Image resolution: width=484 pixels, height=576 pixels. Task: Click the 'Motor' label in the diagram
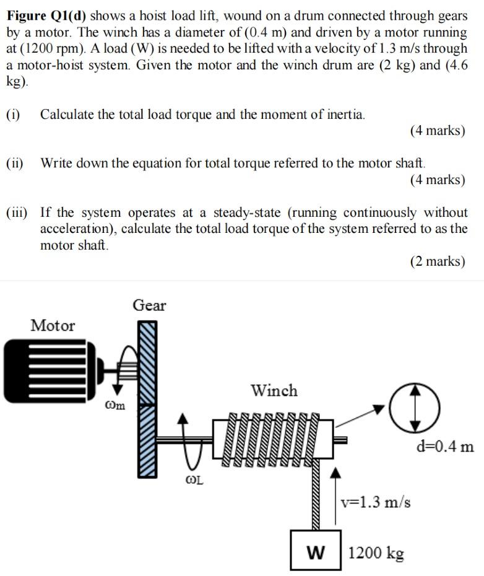click(x=53, y=325)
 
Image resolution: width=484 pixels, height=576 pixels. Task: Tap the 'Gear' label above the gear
click(x=149, y=305)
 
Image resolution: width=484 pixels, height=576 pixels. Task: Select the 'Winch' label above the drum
click(x=274, y=391)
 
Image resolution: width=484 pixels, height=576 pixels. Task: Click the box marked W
click(x=315, y=550)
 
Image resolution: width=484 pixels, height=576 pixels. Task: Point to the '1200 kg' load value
click(x=376, y=552)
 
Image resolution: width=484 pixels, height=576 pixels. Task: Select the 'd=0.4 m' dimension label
click(x=444, y=446)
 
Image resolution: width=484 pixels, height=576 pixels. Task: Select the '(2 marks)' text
click(x=437, y=261)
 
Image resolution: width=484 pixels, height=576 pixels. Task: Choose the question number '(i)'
click(x=14, y=115)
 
